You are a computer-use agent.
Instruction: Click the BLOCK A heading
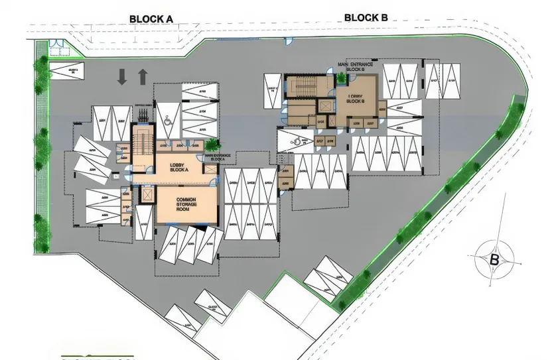[151, 19]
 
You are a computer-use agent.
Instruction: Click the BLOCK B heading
[366, 18]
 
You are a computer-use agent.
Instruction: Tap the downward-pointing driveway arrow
[122, 77]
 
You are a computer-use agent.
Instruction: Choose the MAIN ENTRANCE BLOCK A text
[220, 158]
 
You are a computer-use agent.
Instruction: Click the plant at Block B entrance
[342, 78]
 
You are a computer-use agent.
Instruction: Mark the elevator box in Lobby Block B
[325, 106]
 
